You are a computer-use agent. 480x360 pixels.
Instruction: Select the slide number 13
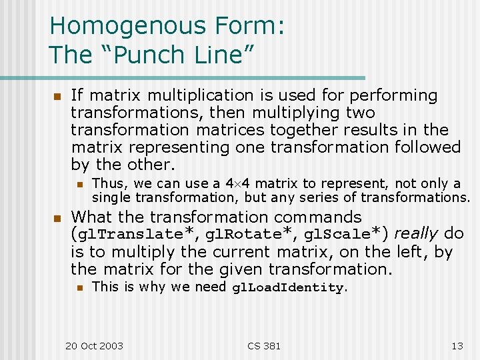tap(457, 345)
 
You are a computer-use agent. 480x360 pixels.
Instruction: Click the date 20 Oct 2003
tap(94, 345)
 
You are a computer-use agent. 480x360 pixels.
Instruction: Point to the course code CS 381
tap(264, 345)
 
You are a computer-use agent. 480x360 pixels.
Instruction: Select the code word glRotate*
tap(248, 235)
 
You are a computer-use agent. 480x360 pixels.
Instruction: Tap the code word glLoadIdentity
tap(288, 288)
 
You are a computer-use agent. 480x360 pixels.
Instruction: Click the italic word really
tap(416, 234)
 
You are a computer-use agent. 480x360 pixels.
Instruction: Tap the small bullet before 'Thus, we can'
tap(79, 184)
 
